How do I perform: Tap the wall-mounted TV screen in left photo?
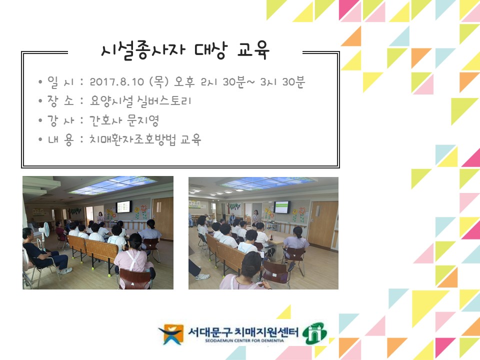click(123, 206)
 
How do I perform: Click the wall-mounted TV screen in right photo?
click(281, 206)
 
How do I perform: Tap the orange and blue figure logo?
click(171, 333)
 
